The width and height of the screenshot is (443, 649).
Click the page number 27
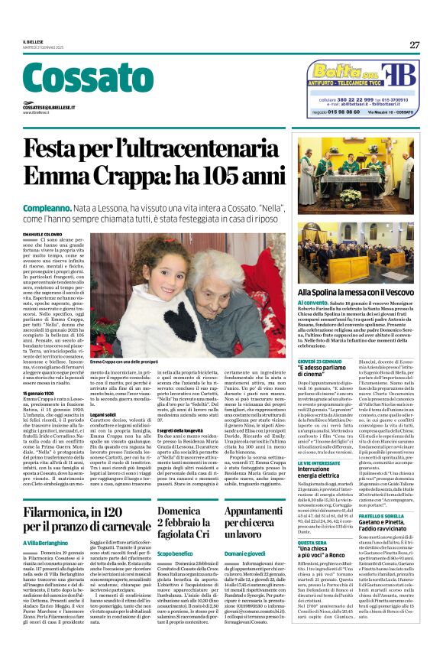click(x=415, y=45)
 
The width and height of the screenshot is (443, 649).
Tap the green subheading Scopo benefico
click(x=175, y=552)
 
